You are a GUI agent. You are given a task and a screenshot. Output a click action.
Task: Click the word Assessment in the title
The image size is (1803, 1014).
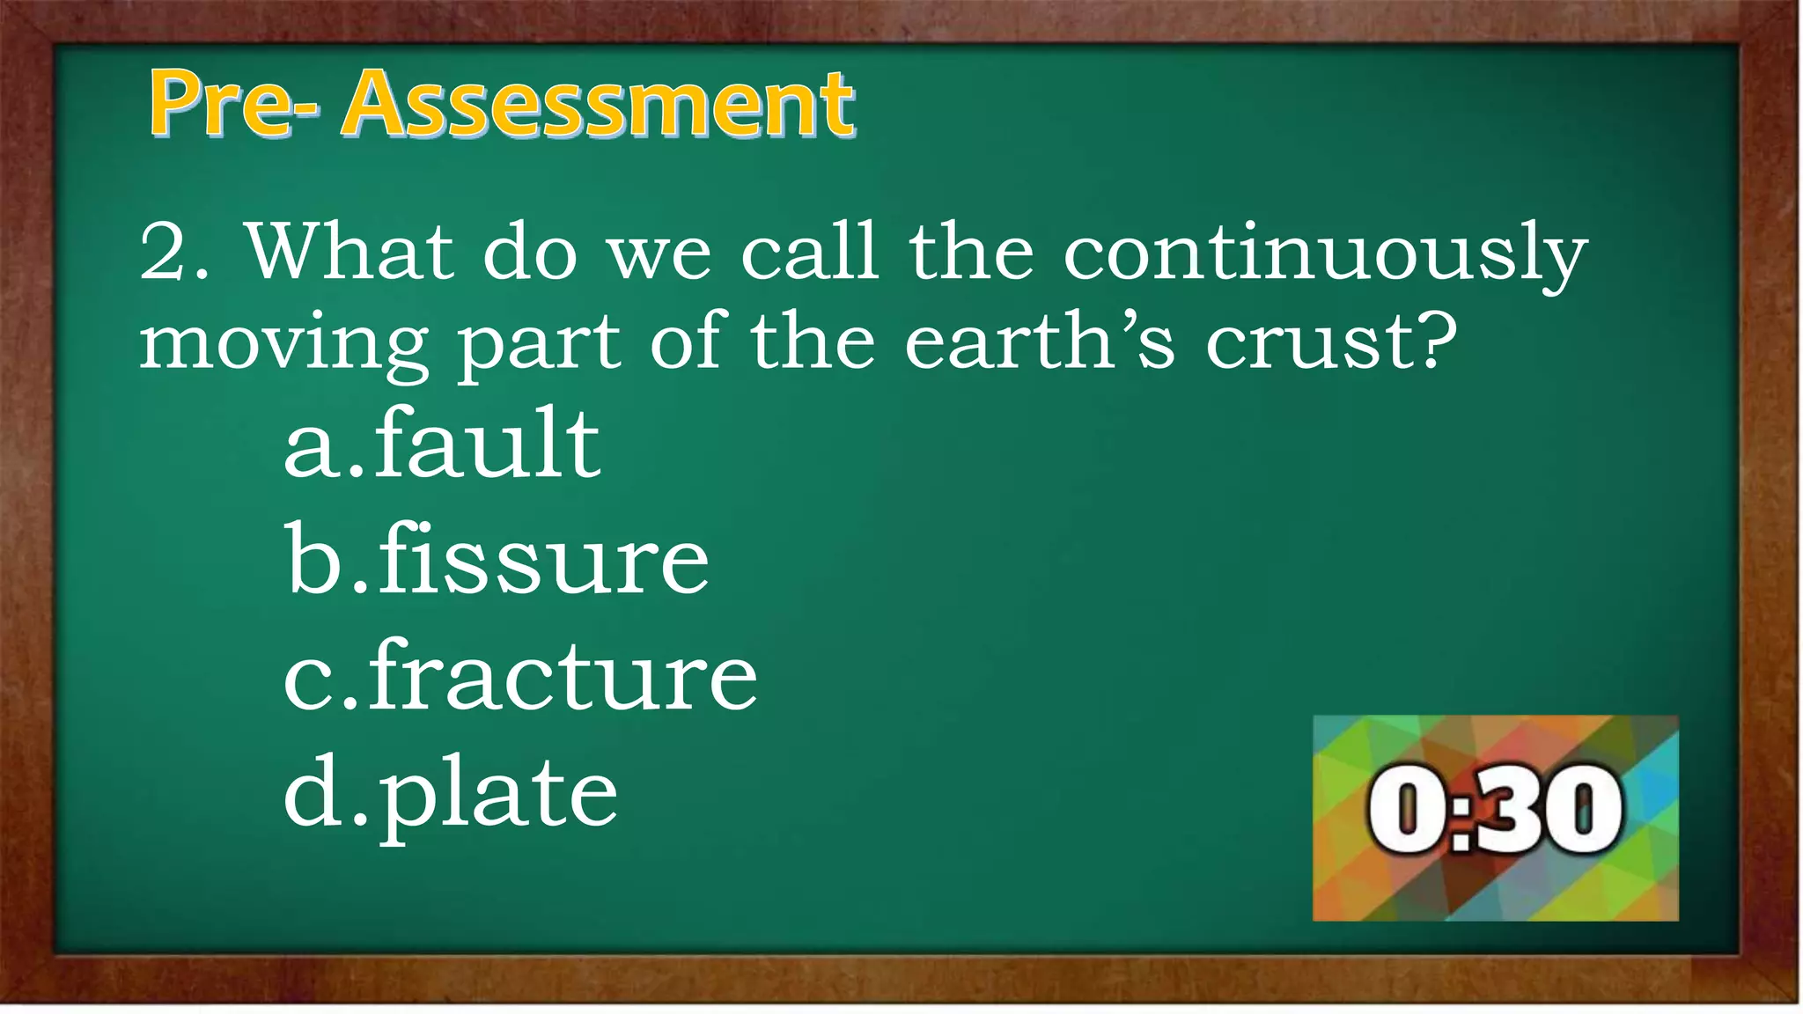(599, 105)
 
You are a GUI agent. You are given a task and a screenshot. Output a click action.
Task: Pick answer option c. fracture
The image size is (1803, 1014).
(520, 676)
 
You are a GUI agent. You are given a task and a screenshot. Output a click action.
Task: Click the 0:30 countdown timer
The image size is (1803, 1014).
(1495, 818)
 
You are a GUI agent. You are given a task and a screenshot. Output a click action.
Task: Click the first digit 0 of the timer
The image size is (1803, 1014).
(1406, 809)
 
